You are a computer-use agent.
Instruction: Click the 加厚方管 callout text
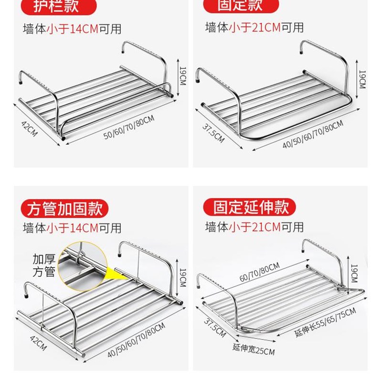click(x=44, y=266)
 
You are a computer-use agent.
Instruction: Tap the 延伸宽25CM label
click(x=254, y=351)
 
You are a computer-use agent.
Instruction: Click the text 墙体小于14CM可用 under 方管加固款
click(x=72, y=228)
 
